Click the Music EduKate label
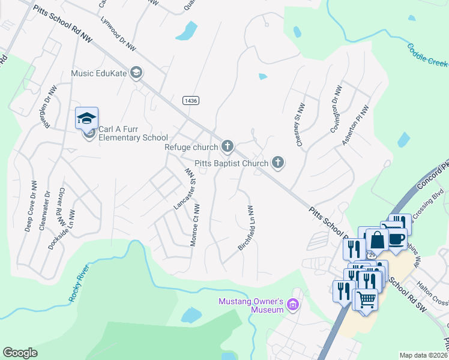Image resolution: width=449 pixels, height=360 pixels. [x=99, y=73]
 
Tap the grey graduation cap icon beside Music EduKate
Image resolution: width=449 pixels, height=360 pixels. [x=137, y=73]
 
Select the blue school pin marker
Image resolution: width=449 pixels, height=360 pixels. [x=87, y=118]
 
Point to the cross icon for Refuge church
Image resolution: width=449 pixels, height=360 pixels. [x=227, y=146]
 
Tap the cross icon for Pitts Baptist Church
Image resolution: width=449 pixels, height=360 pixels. [x=277, y=161]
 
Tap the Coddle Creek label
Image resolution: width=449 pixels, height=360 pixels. [x=428, y=55]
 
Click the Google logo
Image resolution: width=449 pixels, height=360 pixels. [x=20, y=352]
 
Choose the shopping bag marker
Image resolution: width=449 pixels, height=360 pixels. [x=378, y=240]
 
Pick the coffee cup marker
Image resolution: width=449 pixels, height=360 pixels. [x=396, y=238]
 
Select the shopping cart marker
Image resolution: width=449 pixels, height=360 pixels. [x=366, y=299]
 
